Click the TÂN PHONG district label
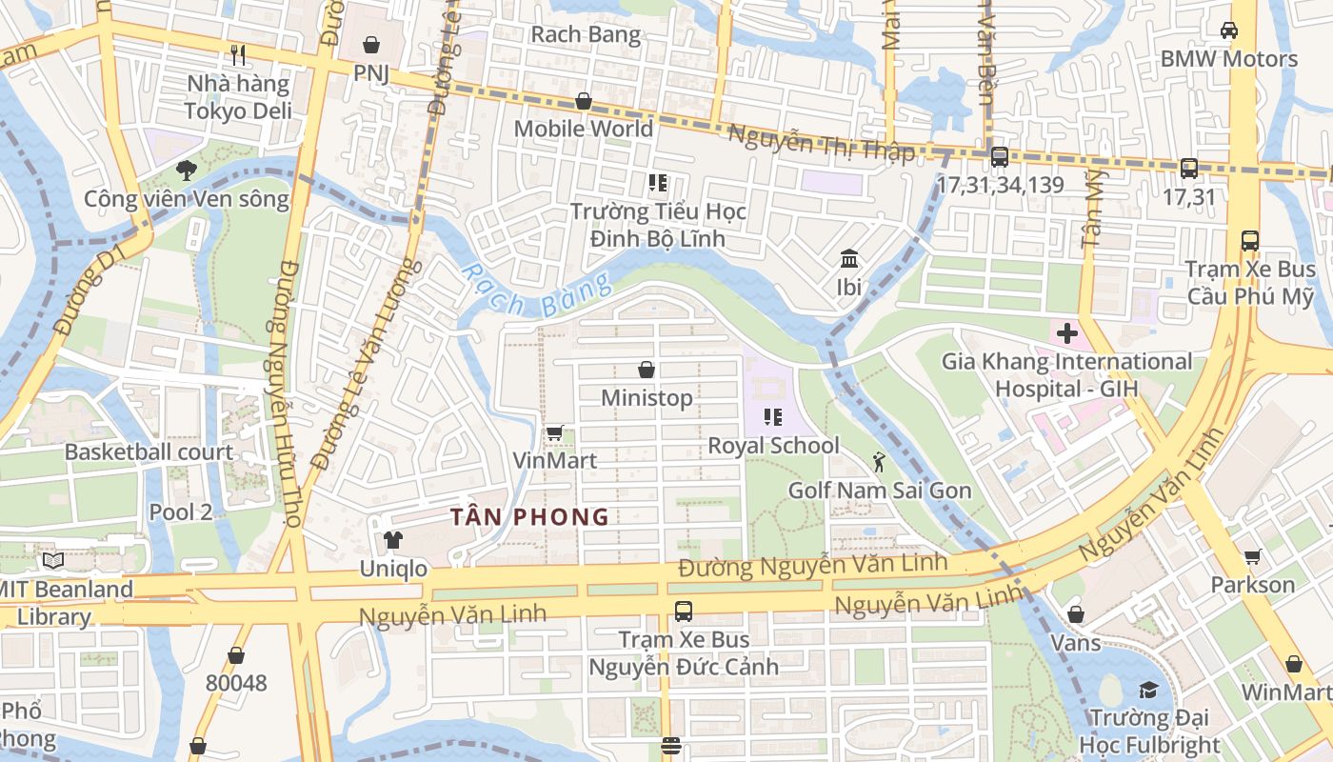tap(529, 517)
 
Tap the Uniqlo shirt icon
tap(392, 540)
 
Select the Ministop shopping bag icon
tap(647, 369)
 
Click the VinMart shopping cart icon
tap(555, 432)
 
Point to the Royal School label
tap(773, 446)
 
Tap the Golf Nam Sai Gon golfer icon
tap(879, 463)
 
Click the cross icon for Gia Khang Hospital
tap(1066, 333)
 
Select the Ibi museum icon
tap(848, 258)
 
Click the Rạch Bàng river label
tap(537, 293)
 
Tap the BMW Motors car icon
tap(1229, 30)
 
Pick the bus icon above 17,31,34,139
tap(1000, 157)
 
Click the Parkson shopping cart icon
tap(1253, 556)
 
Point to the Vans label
tap(1075, 643)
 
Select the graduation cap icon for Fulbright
tap(1150, 690)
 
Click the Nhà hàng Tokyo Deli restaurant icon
tap(238, 55)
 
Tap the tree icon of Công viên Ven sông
tap(186, 170)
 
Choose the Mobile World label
tap(584, 129)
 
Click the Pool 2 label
tap(180, 511)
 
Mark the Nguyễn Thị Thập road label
tap(821, 144)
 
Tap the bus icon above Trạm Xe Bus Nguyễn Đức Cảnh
tap(683, 612)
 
